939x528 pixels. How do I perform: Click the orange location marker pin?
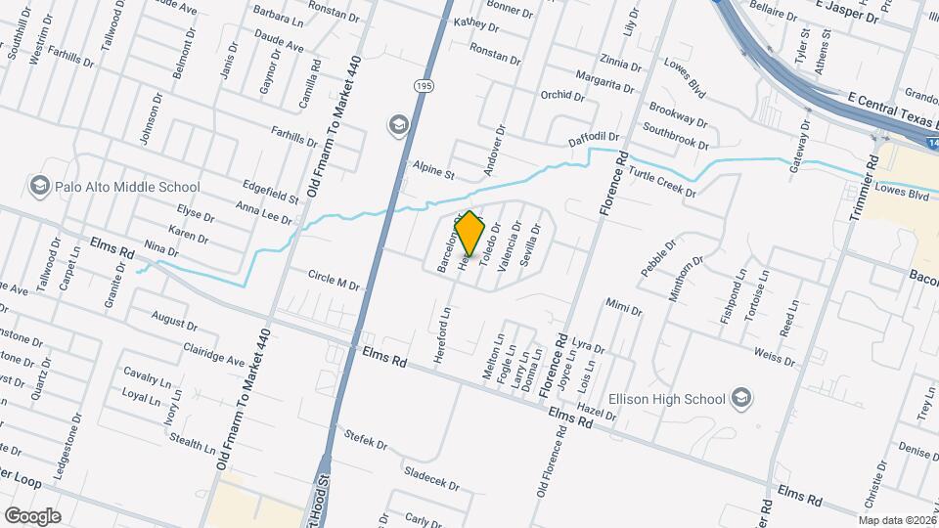click(470, 233)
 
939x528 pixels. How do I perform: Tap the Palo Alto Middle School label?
click(127, 187)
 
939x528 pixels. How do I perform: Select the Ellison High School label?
click(666, 398)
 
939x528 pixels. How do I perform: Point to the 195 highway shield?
click(422, 87)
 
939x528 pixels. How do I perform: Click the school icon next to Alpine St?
click(398, 124)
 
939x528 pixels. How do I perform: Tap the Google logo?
click(32, 514)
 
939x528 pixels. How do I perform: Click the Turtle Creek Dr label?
click(661, 182)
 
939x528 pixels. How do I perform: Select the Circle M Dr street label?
click(333, 280)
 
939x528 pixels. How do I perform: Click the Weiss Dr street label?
click(774, 355)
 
